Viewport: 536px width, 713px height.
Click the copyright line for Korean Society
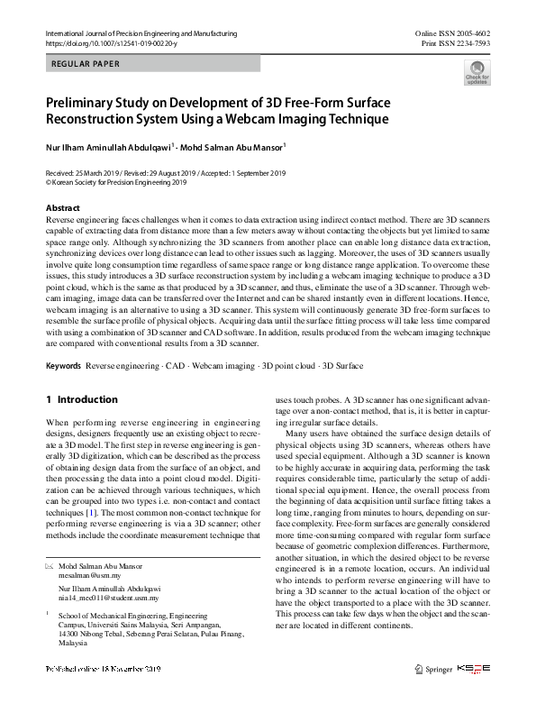coord(115,181)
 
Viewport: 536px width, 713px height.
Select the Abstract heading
coord(63,208)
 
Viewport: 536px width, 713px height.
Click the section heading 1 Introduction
coord(81,399)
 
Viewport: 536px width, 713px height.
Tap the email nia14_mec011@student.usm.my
coord(113,597)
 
